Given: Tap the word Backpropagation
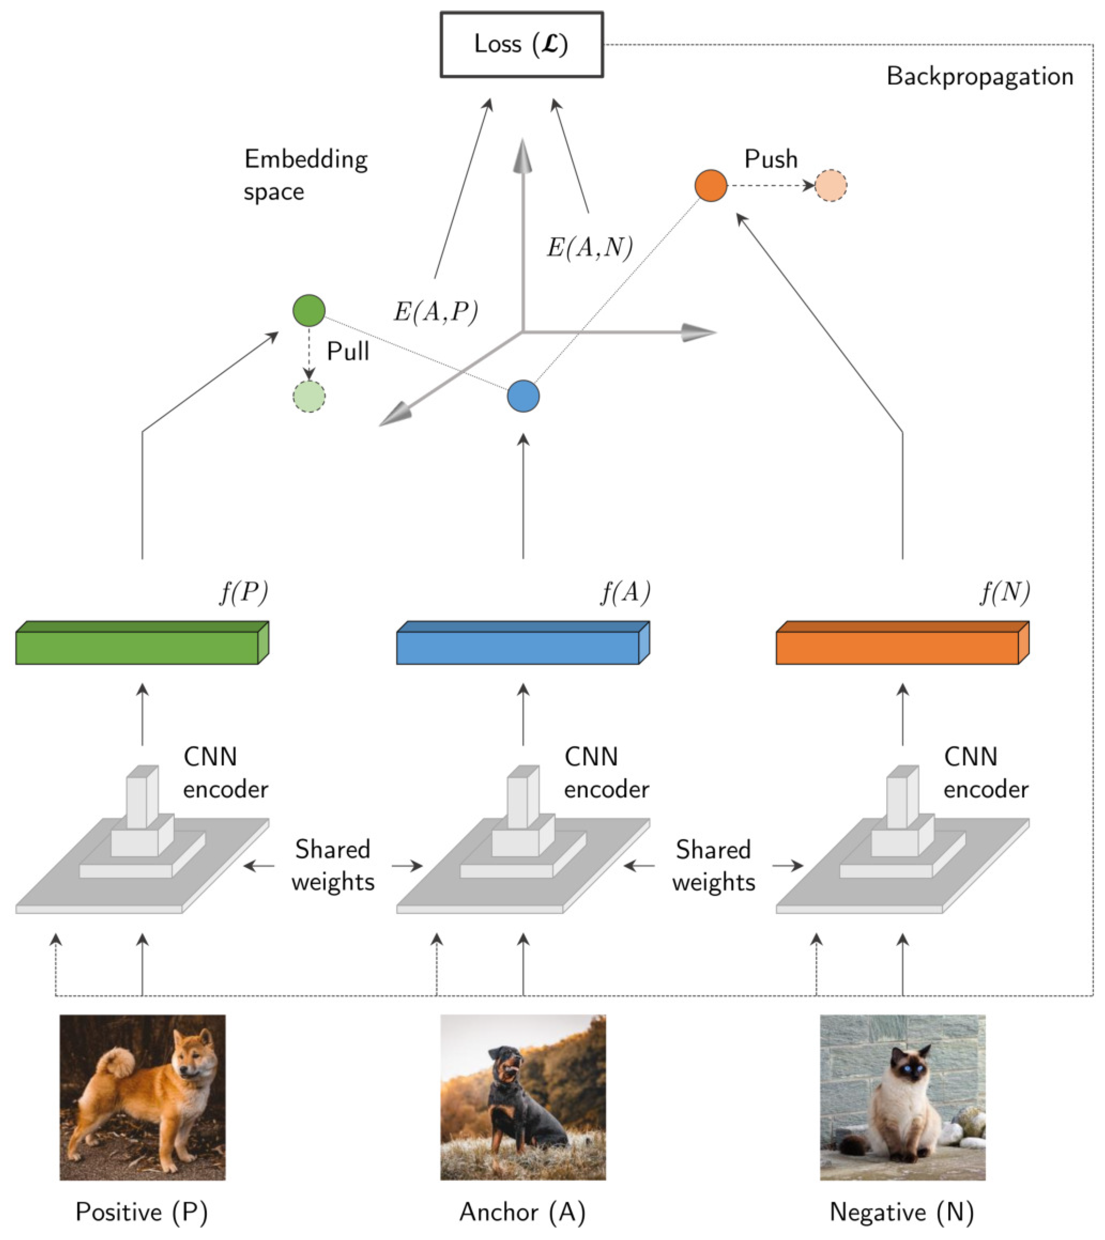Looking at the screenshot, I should point(979,77).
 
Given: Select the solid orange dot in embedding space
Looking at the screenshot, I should point(710,185).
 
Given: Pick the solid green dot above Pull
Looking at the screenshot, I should point(309,310).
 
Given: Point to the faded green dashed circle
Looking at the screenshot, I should point(309,397).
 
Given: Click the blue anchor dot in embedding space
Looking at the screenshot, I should point(523,396).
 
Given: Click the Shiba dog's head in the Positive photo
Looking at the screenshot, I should point(193,1061).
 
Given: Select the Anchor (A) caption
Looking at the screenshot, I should point(522,1212).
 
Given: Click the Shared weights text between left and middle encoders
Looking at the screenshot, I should point(333,865).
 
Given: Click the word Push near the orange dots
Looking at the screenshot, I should point(770,159).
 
